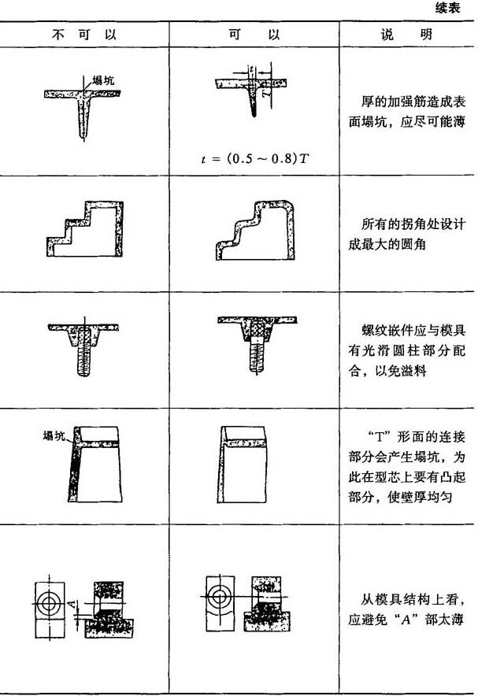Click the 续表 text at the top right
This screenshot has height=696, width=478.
448,9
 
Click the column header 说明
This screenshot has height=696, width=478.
406,34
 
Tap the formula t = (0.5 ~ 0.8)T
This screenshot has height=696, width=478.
254,159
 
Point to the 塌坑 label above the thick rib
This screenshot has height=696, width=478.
103,80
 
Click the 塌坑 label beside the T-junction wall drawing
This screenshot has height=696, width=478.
54,435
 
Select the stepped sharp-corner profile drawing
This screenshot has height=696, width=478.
85,228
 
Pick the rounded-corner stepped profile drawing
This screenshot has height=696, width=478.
255,230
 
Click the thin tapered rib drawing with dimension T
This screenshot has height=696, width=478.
252,91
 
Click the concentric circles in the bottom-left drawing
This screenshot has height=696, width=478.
49,603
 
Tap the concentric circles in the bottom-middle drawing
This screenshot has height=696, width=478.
219,596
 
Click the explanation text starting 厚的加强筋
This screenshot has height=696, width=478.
406,112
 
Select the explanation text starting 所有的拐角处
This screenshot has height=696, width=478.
406,234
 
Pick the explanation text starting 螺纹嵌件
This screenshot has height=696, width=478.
406,350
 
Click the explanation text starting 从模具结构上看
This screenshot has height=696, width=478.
406,609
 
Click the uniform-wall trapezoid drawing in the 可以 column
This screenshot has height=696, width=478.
242,465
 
